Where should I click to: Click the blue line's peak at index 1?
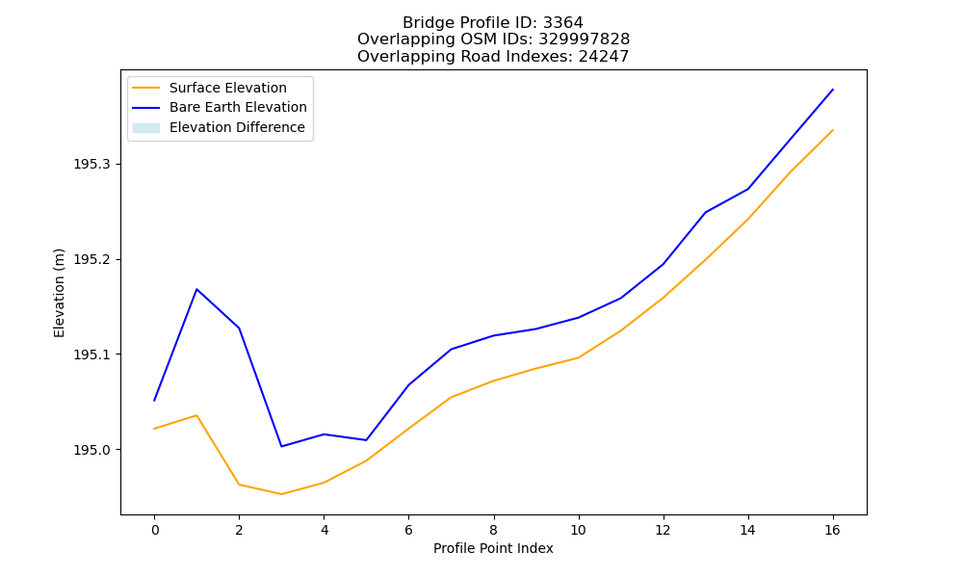click(196, 289)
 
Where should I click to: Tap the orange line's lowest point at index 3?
click(281, 494)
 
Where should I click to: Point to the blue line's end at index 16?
click(833, 90)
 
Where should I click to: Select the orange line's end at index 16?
click(833, 130)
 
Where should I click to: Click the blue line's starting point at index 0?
click(154, 401)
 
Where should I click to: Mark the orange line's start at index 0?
click(154, 429)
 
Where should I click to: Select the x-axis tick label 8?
click(493, 530)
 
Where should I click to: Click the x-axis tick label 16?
click(832, 530)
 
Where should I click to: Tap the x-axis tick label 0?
click(155, 530)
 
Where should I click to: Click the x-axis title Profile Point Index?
click(493, 548)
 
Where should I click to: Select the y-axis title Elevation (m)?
click(59, 293)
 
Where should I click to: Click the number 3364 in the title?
click(563, 23)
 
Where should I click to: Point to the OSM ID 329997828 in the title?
click(585, 39)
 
